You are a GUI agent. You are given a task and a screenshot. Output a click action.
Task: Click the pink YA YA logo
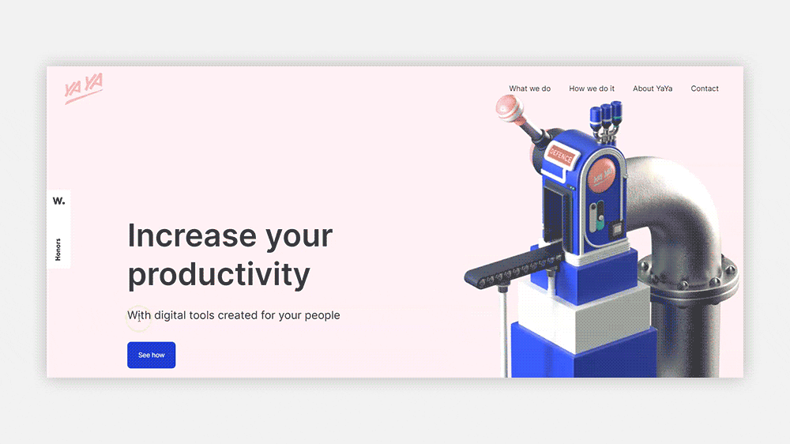(x=84, y=88)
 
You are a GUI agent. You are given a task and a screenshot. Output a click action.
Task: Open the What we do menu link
(x=529, y=88)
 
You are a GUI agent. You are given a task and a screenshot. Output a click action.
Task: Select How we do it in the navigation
(x=592, y=88)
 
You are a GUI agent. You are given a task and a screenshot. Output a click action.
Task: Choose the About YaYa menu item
(x=653, y=88)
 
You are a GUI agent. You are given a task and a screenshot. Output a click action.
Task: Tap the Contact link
(x=705, y=88)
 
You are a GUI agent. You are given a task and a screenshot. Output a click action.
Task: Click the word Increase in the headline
(x=192, y=236)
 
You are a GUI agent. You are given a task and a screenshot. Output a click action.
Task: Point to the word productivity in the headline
(x=219, y=275)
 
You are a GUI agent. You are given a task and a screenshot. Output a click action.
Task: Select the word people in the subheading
(x=322, y=315)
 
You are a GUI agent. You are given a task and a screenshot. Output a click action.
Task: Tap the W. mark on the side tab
(x=59, y=201)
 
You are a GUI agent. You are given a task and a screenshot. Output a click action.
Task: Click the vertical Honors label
(x=58, y=249)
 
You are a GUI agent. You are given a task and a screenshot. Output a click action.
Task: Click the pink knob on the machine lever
(x=508, y=107)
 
